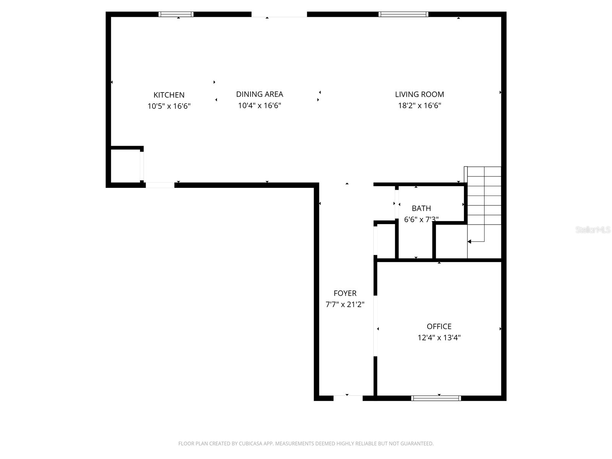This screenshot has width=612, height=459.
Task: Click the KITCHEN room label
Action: pyautogui.click(x=169, y=95)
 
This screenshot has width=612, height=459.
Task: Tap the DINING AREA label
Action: pyautogui.click(x=259, y=94)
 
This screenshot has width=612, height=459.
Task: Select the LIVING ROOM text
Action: pyautogui.click(x=419, y=94)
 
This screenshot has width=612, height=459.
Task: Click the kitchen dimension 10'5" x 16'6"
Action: pyautogui.click(x=169, y=106)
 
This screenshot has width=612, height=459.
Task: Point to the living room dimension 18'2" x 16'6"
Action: pyautogui.click(x=419, y=106)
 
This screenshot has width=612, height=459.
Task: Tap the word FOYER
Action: pyautogui.click(x=345, y=293)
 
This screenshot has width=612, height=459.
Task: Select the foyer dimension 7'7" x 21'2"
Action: pyautogui.click(x=345, y=305)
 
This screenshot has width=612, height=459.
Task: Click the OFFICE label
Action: pyautogui.click(x=439, y=326)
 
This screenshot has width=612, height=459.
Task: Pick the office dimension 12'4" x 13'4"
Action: pyautogui.click(x=439, y=338)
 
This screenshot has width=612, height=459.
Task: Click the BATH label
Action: pyautogui.click(x=421, y=208)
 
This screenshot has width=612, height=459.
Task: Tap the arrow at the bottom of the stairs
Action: pyautogui.click(x=470, y=242)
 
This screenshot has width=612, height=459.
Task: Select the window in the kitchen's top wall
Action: pyautogui.click(x=176, y=15)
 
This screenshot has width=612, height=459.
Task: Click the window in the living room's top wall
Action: pyautogui.click(x=403, y=15)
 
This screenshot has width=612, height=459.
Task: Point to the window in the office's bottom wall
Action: pyautogui.click(x=436, y=398)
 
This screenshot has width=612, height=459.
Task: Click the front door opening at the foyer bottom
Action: pyautogui.click(x=348, y=398)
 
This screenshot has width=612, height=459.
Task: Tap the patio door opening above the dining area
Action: pyautogui.click(x=279, y=15)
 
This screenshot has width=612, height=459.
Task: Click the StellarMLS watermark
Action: pyautogui.click(x=592, y=230)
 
